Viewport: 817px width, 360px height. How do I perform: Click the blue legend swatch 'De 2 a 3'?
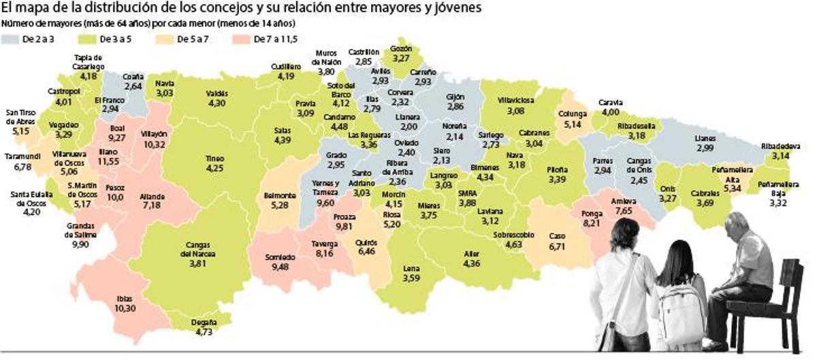coord(12,39)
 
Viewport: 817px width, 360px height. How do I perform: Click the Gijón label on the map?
coord(455,97)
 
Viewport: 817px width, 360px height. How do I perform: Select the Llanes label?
coord(705,138)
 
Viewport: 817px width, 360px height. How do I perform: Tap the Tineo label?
coord(214,159)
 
